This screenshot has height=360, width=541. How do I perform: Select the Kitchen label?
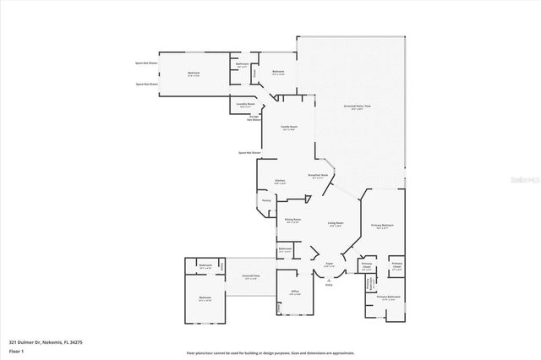point(280,181)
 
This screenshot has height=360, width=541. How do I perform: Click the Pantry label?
point(266,200)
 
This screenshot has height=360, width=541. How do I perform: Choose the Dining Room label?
point(292,221)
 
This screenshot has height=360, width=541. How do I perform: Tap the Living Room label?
point(335,224)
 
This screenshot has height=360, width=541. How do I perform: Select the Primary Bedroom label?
point(382,226)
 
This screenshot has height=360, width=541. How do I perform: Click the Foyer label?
point(330,265)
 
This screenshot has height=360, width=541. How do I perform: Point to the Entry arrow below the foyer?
point(329,283)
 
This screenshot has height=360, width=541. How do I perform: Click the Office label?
point(295,292)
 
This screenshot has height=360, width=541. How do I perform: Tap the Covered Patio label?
point(251,277)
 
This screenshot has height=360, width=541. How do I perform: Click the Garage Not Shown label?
point(253,118)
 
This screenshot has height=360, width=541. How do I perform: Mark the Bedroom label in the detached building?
point(205,298)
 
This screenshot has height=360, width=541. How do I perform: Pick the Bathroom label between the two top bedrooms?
point(242,64)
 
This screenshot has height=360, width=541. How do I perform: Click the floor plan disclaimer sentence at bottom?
point(270,353)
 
